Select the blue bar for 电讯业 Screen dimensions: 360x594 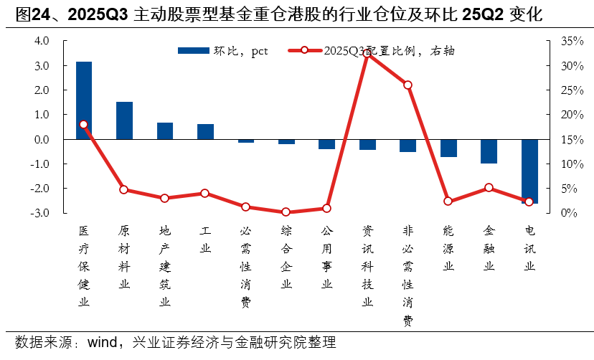[529, 171]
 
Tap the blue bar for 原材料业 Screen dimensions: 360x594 [124, 120]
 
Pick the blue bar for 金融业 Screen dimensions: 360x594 [489, 151]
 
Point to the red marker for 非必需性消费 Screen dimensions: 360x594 [408, 85]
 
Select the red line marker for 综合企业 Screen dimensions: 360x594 [286, 212]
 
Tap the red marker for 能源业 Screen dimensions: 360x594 [448, 202]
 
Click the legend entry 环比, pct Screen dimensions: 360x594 [222, 51]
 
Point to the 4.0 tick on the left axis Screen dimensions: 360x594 [42, 42]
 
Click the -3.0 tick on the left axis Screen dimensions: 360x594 [40, 213]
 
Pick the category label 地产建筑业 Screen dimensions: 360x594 [165, 266]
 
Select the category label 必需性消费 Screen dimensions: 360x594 [246, 266]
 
